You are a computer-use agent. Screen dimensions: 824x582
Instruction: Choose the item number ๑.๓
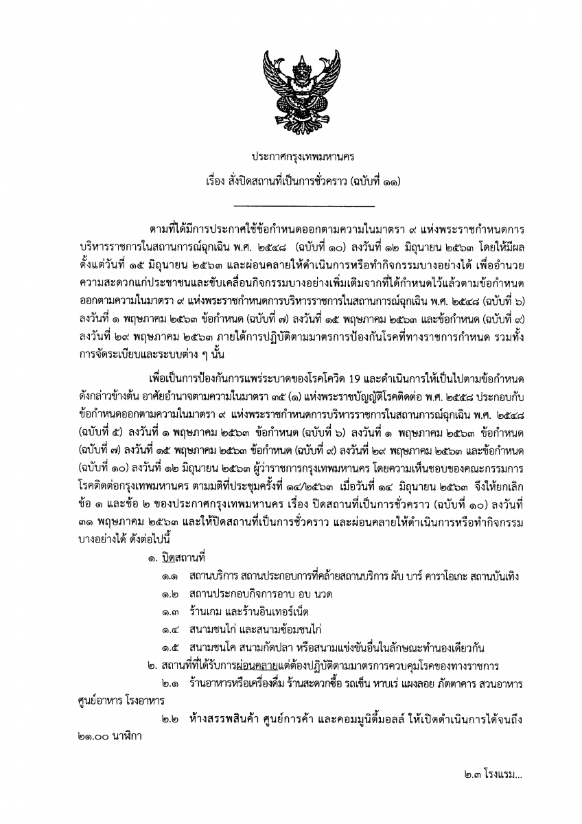point(170,612)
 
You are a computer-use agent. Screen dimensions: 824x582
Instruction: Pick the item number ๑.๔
point(170,630)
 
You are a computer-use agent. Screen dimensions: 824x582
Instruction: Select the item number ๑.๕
point(170,648)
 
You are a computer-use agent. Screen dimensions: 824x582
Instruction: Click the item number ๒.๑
point(170,684)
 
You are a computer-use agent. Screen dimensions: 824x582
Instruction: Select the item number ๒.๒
point(170,720)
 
